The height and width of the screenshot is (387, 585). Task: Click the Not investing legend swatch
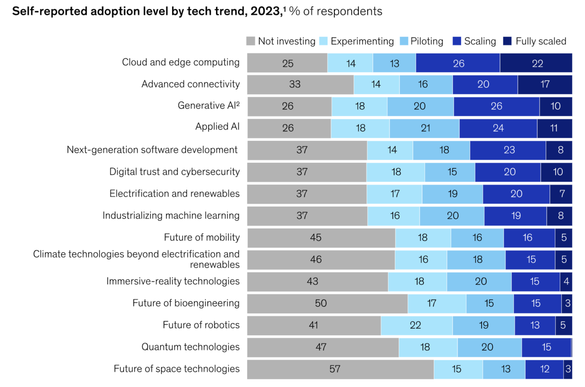tap(251, 41)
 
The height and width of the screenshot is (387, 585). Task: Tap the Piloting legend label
tap(427, 41)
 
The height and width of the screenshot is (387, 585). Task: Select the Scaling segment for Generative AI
tap(496, 106)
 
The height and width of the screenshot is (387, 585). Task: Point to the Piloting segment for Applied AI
tap(424, 128)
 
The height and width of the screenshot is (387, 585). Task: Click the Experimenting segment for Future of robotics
tap(416, 325)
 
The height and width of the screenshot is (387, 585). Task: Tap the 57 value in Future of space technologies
tap(334, 369)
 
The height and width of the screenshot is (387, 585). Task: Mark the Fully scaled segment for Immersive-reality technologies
tap(565, 281)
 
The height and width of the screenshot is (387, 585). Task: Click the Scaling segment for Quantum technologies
tap(546, 347)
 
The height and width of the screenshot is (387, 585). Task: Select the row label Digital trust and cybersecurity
tap(175, 171)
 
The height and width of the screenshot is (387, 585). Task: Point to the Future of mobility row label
tap(202, 238)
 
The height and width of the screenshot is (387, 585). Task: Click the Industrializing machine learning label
tap(171, 215)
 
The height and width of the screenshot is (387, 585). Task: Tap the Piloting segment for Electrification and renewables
tap(452, 194)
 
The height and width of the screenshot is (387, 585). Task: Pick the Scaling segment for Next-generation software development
tap(508, 150)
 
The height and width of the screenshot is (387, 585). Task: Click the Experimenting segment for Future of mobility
tap(423, 238)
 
